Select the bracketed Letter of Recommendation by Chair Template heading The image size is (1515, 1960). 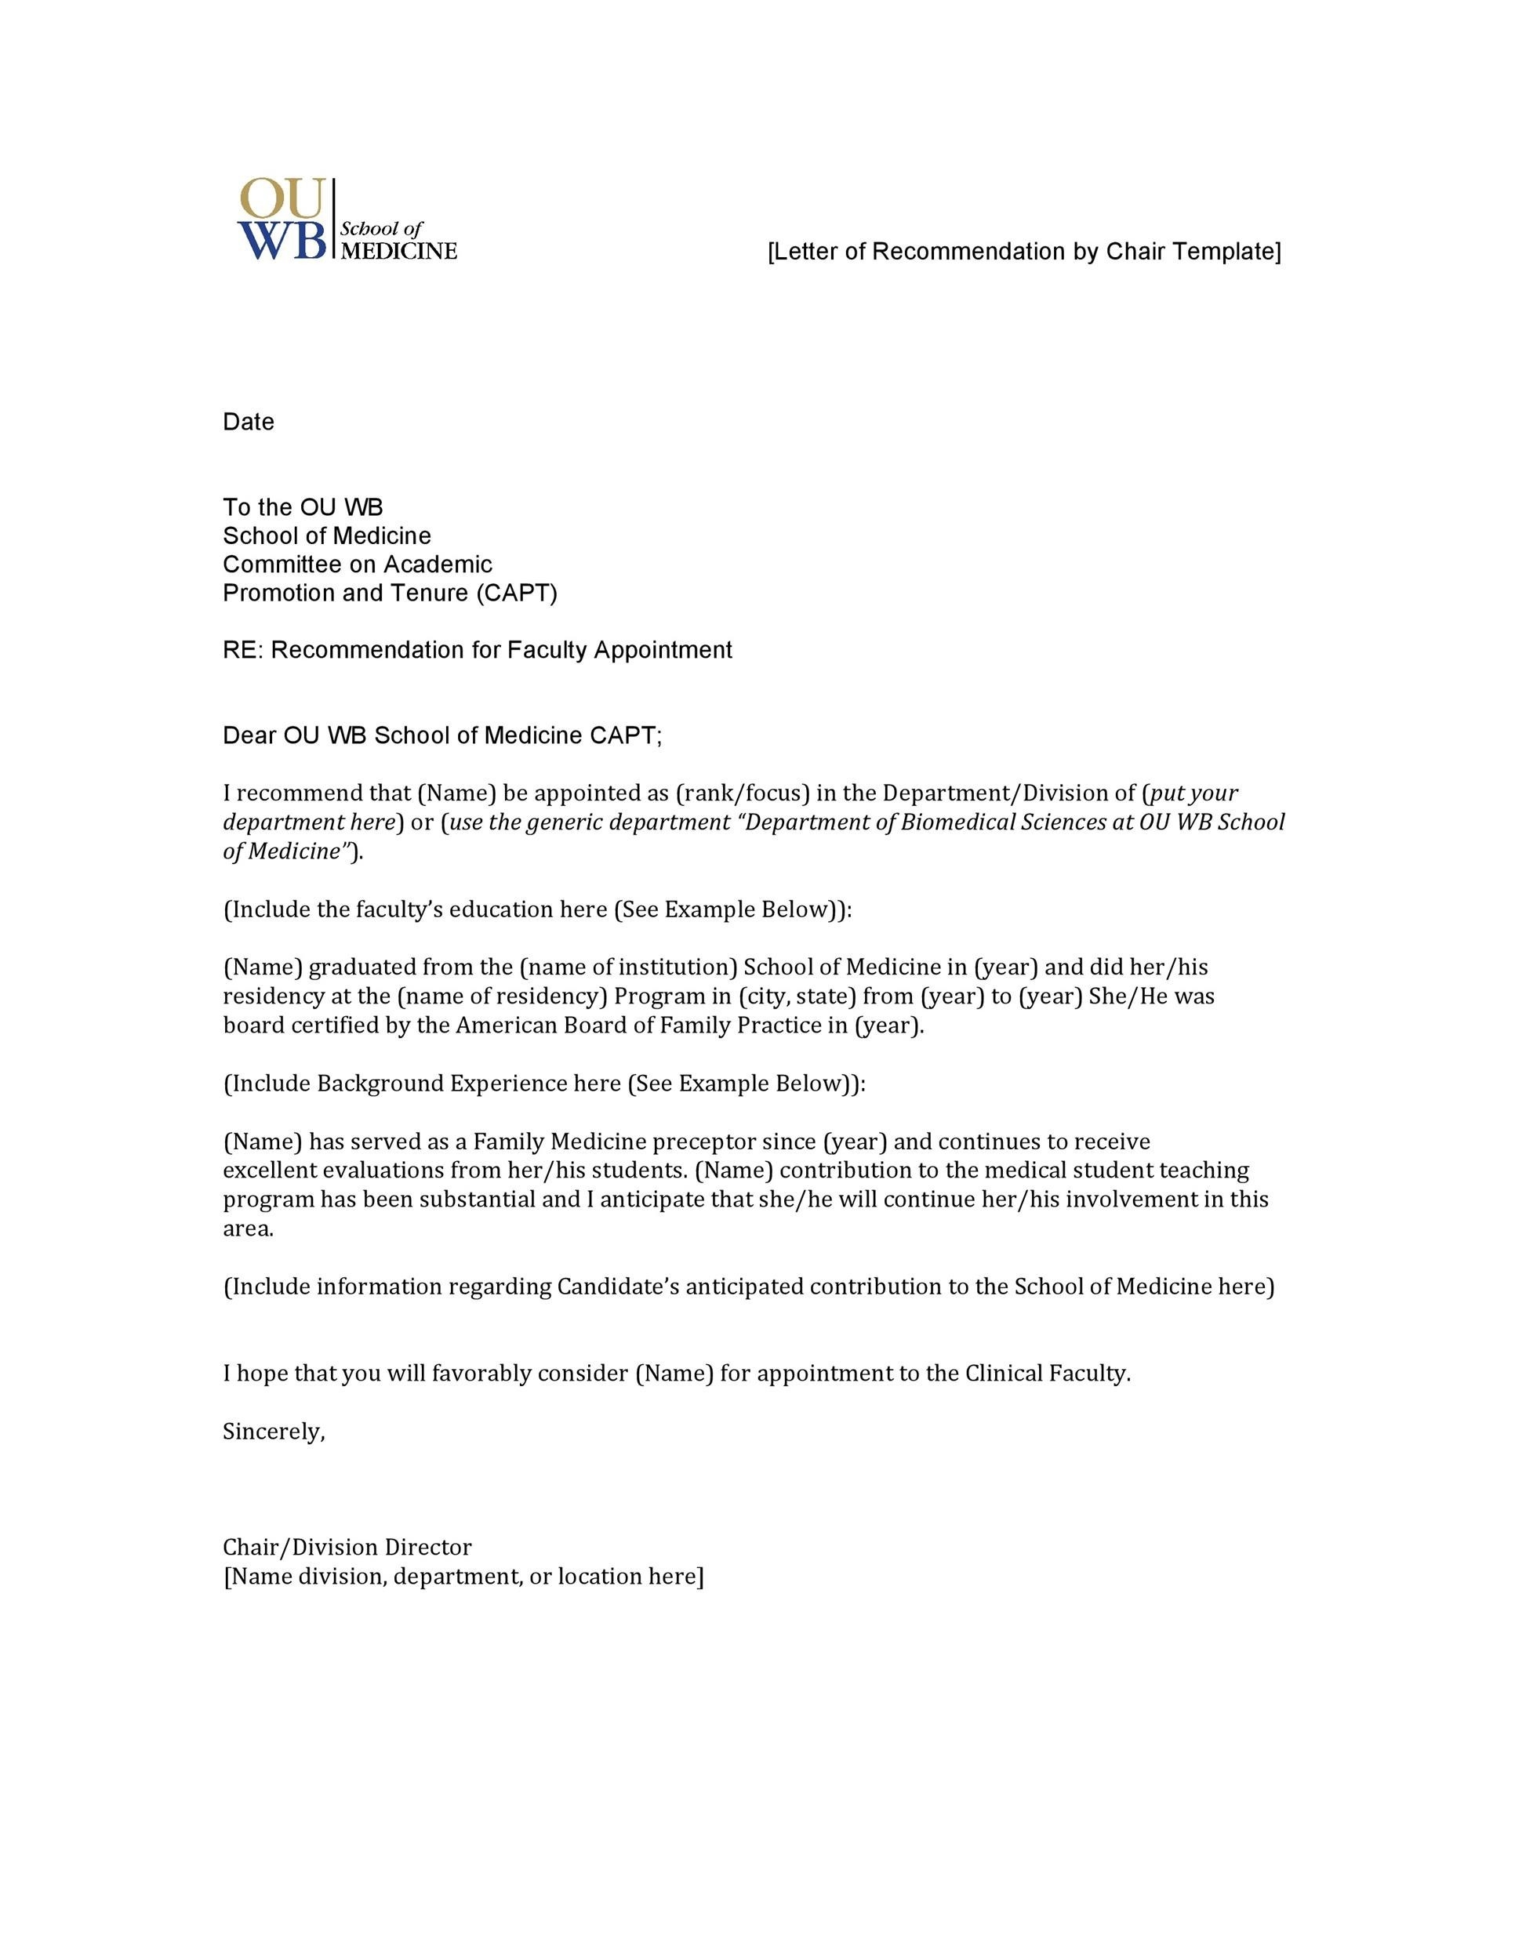(1024, 252)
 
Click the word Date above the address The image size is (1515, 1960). (249, 422)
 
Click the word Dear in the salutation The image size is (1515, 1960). (249, 736)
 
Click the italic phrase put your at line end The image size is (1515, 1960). (1193, 793)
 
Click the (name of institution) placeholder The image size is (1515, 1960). (627, 967)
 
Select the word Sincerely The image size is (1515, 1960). (273, 1432)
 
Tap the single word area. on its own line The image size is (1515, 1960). (248, 1229)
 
